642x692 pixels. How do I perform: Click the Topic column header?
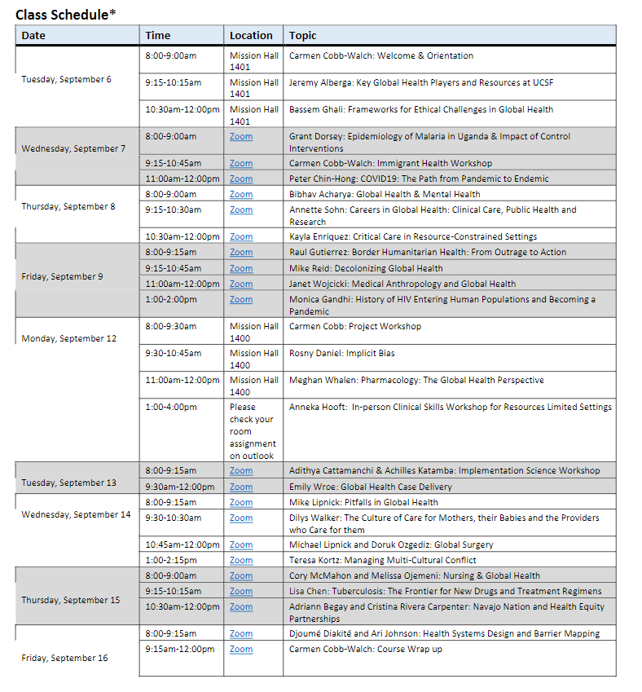pos(302,36)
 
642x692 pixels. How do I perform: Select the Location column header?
pos(251,36)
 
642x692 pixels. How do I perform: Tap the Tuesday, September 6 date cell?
pos(66,80)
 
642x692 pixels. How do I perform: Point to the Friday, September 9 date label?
pos(62,276)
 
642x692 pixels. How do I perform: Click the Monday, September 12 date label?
pos(68,338)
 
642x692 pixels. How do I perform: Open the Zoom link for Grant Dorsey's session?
pos(241,137)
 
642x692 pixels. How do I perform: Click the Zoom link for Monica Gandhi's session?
pos(241,300)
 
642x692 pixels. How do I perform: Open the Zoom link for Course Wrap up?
pos(241,650)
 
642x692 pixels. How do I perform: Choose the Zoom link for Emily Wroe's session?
pos(241,487)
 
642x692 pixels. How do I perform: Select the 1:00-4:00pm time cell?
pos(171,407)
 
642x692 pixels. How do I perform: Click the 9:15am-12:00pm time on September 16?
pos(180,650)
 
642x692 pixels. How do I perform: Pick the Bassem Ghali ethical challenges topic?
pos(420,109)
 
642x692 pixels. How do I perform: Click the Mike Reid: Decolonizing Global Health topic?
pos(366,268)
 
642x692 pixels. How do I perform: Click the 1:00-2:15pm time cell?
pos(171,561)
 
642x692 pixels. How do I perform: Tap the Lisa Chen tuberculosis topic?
pos(445,591)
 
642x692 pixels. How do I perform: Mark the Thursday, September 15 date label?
pos(70,600)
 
